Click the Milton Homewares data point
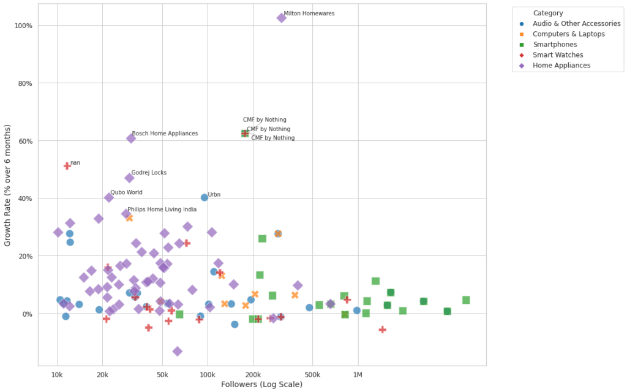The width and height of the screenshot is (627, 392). coord(282,18)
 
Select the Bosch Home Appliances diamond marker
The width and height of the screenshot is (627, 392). coord(131,138)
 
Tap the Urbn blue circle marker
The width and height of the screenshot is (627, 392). coord(205,197)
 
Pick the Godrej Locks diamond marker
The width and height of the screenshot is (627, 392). coord(129,178)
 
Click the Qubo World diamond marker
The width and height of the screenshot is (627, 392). coord(109,197)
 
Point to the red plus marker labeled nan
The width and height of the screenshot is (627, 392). coord(67,166)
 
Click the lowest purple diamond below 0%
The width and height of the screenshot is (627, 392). coord(178,351)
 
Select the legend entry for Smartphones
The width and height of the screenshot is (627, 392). coord(555,45)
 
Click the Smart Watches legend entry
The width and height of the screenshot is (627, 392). coord(558,55)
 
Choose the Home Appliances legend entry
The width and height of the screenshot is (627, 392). coord(561,66)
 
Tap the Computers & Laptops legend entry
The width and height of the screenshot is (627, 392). coord(568,34)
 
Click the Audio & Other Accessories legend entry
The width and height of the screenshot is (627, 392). coord(576,24)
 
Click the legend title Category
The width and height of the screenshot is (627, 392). coord(547,13)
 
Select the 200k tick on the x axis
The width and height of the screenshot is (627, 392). coord(253,374)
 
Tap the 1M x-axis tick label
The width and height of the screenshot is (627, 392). coord(358,374)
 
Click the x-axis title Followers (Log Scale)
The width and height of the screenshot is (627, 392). coord(261,385)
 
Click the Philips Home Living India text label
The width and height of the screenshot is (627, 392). coord(162,209)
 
